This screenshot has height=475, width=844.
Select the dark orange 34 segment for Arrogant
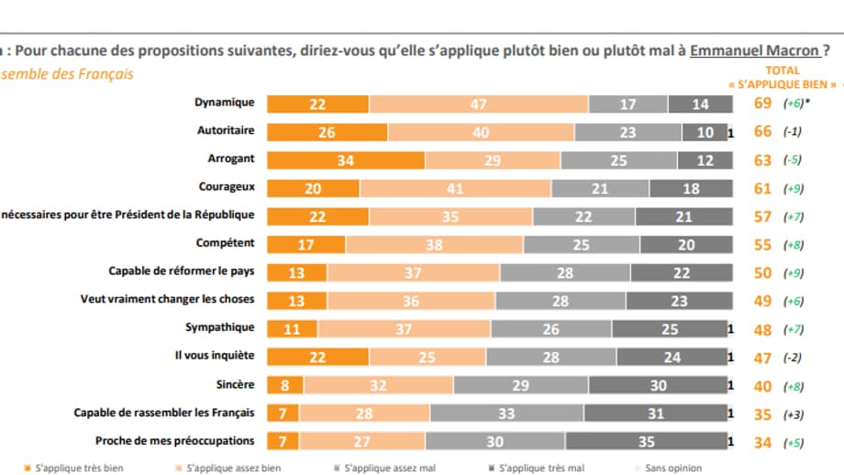click(346, 160)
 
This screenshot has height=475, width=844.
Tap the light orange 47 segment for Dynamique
click(478, 104)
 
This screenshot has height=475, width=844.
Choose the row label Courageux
click(226, 188)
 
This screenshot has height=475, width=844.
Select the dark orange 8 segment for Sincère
click(285, 385)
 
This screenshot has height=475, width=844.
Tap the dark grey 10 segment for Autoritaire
click(705, 132)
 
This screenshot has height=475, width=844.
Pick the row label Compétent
click(225, 244)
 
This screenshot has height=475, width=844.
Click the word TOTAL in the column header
click(782, 71)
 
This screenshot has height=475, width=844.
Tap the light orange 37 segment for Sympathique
click(404, 328)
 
